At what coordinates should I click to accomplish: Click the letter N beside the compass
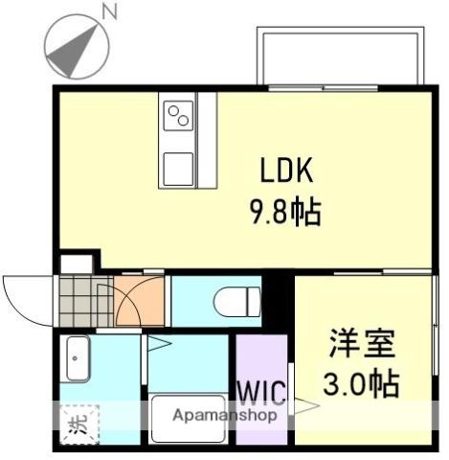(x=111, y=11)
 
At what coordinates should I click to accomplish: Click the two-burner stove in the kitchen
(x=178, y=117)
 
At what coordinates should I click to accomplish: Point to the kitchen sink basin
(x=178, y=171)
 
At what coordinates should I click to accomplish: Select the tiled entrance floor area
(x=84, y=300)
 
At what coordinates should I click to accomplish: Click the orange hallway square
(x=140, y=300)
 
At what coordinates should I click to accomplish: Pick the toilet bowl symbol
(x=235, y=301)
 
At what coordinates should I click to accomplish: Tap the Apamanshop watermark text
(x=225, y=416)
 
